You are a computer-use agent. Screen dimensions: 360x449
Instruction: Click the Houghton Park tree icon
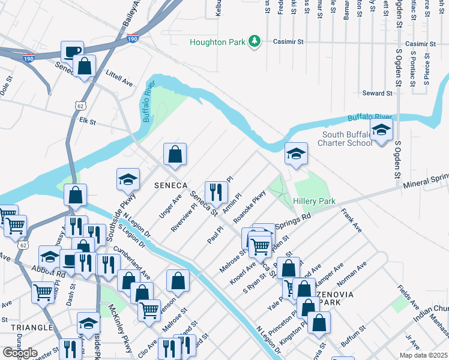pos(256,41)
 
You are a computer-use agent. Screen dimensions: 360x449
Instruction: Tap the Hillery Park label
pos(314,202)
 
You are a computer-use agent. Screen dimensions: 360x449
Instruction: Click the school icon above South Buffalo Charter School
pos(381,130)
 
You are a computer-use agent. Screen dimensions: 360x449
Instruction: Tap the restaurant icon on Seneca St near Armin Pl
pos(215,191)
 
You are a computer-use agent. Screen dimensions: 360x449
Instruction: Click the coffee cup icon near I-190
pos(72,50)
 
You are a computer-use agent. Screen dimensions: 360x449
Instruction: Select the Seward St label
pos(377,94)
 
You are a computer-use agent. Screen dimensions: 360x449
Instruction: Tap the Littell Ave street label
pos(118,79)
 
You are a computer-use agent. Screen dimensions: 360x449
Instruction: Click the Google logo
pos(20,352)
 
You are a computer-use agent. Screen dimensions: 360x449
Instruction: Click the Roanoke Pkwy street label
pos(249,205)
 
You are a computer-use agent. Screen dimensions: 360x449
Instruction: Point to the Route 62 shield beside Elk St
pos(80,106)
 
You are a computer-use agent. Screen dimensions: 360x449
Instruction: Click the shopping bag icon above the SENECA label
pos(174,154)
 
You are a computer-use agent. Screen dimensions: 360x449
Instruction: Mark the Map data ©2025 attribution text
pos(423,355)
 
